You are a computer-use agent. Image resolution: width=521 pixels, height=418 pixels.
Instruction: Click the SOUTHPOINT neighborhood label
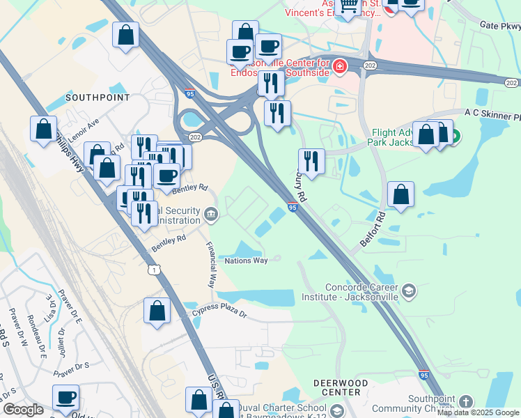coord(98,98)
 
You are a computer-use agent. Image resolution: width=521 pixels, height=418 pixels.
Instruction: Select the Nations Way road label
coord(246,261)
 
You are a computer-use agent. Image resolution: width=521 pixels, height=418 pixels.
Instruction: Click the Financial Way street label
coord(210,265)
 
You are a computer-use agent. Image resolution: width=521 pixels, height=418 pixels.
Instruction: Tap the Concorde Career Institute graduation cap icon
coord(409,291)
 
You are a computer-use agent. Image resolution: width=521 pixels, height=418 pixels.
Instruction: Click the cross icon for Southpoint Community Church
coord(465,402)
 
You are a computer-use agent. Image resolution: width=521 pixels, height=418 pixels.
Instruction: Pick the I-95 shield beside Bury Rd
coord(293,207)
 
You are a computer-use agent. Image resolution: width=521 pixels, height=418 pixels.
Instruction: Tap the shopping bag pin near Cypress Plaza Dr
coord(157,310)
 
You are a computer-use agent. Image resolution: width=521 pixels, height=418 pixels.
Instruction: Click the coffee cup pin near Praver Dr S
coord(66,398)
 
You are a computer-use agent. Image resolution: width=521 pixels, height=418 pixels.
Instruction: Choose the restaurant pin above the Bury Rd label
coord(311,162)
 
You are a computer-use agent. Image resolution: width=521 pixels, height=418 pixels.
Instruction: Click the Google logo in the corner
coord(23,410)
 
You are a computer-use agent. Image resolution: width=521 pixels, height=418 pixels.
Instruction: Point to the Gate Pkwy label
coord(499,26)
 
